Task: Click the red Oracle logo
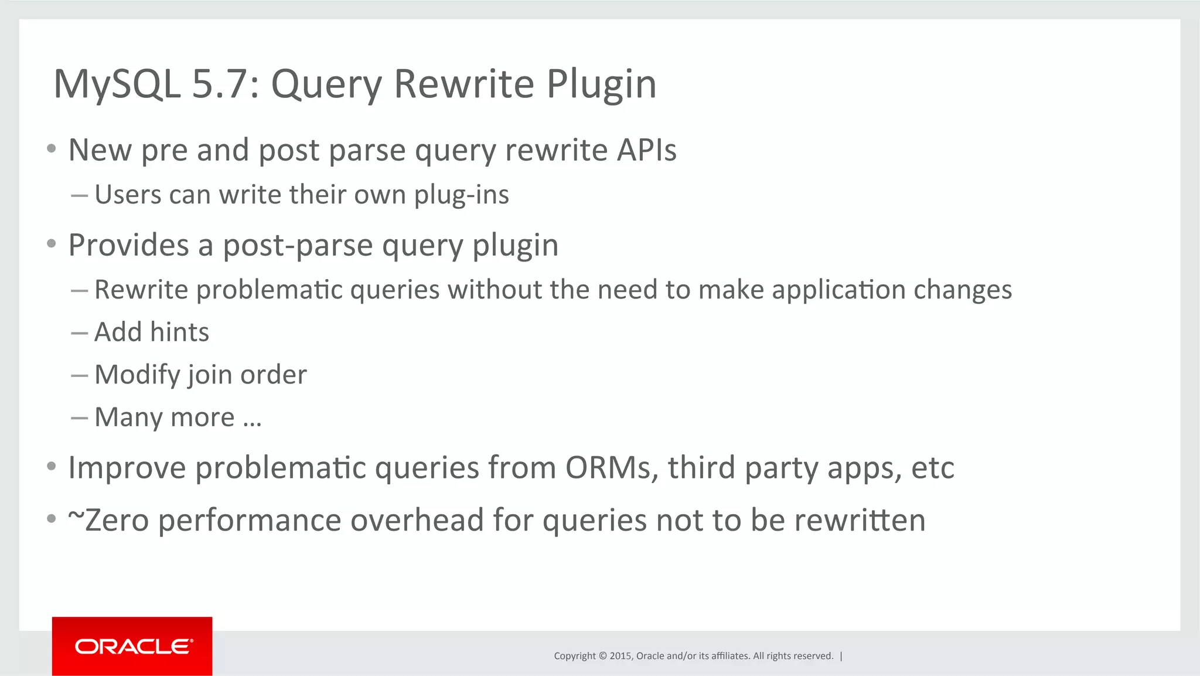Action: [x=132, y=646]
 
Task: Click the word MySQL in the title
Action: [x=117, y=84]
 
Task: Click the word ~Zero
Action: [x=108, y=521]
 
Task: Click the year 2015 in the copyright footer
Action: [x=620, y=656]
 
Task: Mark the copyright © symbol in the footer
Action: [x=602, y=656]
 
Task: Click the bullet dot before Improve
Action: [x=52, y=467]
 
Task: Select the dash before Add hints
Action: [x=79, y=333]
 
